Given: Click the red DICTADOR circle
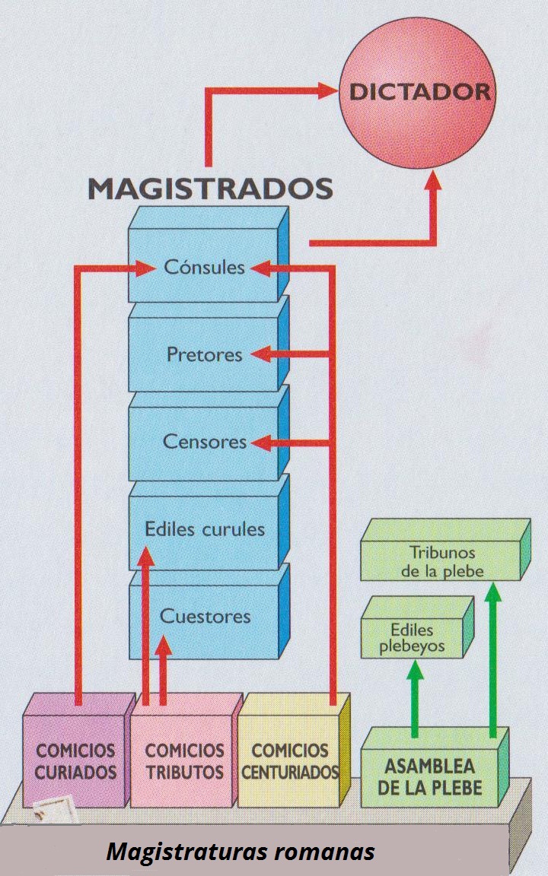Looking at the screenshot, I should coord(420,93).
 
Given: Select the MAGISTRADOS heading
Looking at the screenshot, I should coord(211,187).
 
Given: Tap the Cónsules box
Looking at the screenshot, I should coord(204,266).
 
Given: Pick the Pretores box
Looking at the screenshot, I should coord(204,354).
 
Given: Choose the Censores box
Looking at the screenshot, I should coord(204,442).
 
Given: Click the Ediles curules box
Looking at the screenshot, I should coord(204,529).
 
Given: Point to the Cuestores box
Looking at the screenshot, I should coord(204,616).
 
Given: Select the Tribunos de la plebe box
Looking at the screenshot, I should coord(441,561).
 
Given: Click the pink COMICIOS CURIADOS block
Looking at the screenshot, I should coord(75,761).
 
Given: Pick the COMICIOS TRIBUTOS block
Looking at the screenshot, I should coord(184,761).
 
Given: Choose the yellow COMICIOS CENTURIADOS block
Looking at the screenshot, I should coord(289,761).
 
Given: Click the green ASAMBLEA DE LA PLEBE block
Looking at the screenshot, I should coord(429,776).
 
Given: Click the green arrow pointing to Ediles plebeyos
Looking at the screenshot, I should coord(416,696).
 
